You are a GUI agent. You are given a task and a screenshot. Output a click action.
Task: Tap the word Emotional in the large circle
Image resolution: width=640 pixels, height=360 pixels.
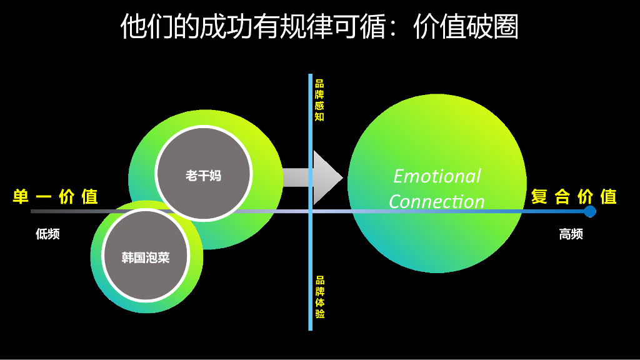[x=437, y=176]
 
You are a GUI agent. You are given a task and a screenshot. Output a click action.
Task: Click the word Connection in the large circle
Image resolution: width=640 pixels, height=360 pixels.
[x=436, y=202]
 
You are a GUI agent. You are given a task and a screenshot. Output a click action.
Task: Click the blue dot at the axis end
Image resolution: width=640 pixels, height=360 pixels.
[x=589, y=211]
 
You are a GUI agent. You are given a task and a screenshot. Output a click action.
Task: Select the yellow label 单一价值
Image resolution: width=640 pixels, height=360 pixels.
[x=55, y=197]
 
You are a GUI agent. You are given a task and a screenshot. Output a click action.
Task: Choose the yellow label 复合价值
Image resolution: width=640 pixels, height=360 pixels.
[x=574, y=197]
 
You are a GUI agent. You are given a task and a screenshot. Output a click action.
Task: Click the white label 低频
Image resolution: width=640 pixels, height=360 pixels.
[x=47, y=234]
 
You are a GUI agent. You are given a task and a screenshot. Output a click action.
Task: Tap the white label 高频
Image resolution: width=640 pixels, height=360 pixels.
[x=571, y=234]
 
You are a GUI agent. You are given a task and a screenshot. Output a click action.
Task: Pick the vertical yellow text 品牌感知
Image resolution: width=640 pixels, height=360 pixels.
[x=319, y=100]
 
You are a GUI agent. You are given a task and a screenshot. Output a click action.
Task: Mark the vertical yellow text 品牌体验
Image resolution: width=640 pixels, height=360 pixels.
[x=319, y=297]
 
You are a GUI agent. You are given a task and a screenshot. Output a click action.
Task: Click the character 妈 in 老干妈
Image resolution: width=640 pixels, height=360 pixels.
[x=215, y=176]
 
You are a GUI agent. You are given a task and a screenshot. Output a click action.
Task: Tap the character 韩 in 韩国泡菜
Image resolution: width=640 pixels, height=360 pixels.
[x=127, y=257]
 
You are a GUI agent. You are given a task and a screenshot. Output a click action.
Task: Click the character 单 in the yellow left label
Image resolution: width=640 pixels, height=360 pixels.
[x=21, y=197]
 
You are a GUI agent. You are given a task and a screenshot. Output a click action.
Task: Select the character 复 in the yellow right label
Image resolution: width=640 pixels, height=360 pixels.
[x=539, y=197]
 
